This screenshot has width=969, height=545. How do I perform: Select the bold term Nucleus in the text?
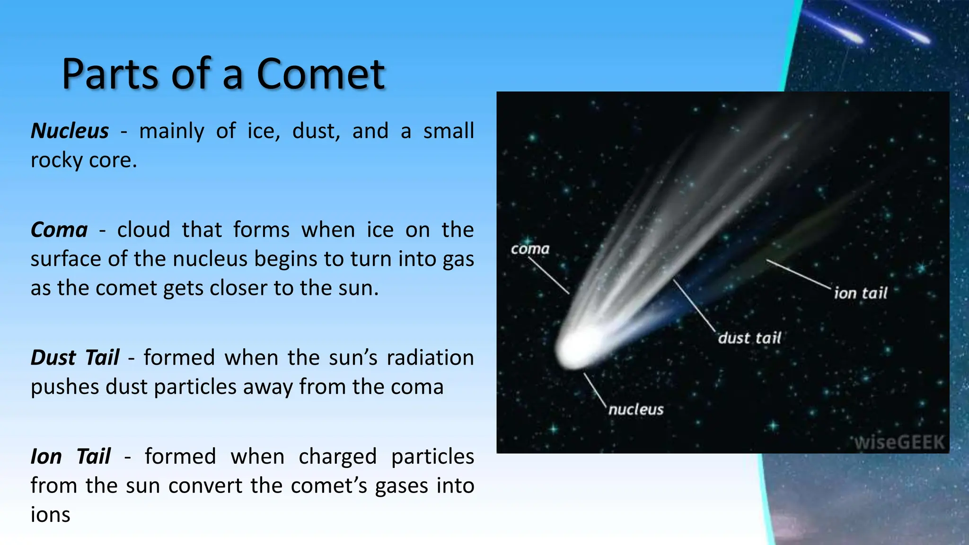pos(70,131)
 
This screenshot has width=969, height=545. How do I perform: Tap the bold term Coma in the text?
pos(59,230)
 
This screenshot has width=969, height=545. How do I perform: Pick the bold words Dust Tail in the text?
pos(75,358)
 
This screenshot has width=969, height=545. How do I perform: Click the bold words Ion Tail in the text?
pos(70,457)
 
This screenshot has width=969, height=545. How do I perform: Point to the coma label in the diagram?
pos(530,249)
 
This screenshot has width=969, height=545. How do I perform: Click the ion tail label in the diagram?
pos(860,293)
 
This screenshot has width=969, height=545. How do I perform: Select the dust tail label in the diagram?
pos(749,338)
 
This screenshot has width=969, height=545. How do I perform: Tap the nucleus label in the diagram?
pos(636,409)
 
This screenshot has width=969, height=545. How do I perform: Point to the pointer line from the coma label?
pos(549,276)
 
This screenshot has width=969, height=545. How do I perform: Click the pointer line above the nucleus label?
pos(595,389)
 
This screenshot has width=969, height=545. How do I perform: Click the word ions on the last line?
pos(50,515)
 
